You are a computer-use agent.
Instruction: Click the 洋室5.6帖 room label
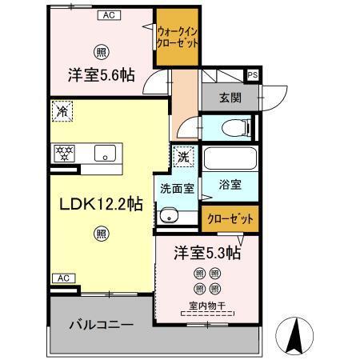click(x=100, y=74)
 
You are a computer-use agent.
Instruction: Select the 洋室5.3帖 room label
click(x=207, y=254)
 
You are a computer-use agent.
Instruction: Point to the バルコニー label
click(x=100, y=325)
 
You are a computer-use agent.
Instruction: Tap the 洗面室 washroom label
click(x=176, y=190)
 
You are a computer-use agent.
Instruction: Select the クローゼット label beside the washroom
click(x=230, y=218)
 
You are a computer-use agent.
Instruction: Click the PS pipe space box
click(x=253, y=75)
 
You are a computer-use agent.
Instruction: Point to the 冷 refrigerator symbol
click(x=62, y=111)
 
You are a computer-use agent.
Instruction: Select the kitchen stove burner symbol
click(x=63, y=152)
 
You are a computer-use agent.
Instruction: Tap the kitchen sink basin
click(x=105, y=152)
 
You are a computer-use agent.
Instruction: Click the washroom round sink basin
click(x=168, y=216)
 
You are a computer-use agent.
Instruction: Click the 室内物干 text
click(x=206, y=305)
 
